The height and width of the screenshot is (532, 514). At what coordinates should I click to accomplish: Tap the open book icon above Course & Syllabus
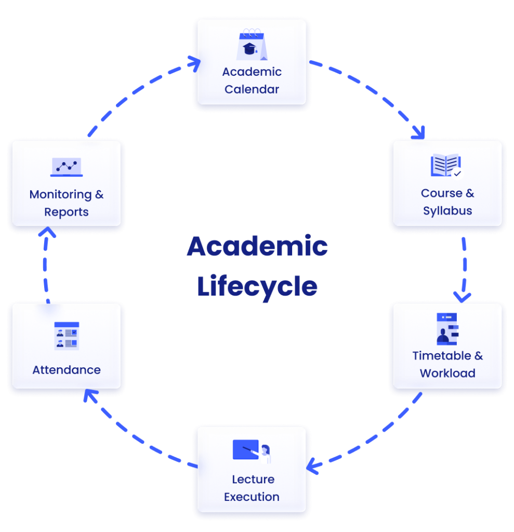tap(446, 167)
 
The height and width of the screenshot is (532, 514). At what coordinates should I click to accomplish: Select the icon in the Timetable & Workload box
tap(447, 329)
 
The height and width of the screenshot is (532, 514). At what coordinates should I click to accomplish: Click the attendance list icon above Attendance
tap(67, 336)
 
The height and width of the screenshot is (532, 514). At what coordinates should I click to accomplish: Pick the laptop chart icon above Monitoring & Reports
tap(67, 167)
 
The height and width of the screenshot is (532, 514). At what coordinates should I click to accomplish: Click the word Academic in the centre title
tap(257, 246)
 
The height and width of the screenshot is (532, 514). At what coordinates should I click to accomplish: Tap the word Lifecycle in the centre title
tap(257, 286)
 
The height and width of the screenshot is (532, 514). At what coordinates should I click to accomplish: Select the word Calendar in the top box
tap(252, 89)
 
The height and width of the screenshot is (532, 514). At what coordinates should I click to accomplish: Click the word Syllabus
tap(447, 211)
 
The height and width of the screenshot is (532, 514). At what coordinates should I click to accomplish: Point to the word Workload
tap(447, 374)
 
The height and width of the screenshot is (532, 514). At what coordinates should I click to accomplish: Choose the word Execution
tap(252, 497)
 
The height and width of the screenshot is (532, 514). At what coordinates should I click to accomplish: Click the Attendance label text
tap(67, 370)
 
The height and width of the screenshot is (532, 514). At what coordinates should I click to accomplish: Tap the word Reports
tap(67, 212)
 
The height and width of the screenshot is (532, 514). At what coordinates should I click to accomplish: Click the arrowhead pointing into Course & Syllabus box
tap(419, 134)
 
